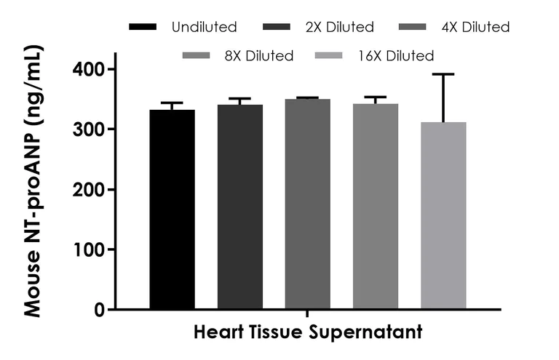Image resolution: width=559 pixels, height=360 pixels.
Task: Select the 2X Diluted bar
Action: pos(239,207)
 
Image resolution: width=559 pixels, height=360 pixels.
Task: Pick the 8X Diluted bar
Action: pos(376,207)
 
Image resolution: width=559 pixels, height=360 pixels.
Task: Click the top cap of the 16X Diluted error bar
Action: pos(443,74)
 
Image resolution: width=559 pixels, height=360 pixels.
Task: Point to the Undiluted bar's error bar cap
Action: pos(172,103)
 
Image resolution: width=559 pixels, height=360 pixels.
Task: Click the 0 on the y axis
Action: pos(100,310)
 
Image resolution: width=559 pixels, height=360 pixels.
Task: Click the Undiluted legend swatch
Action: pos(143,28)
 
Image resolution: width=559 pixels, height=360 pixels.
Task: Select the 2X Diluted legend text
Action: pos(340,28)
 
